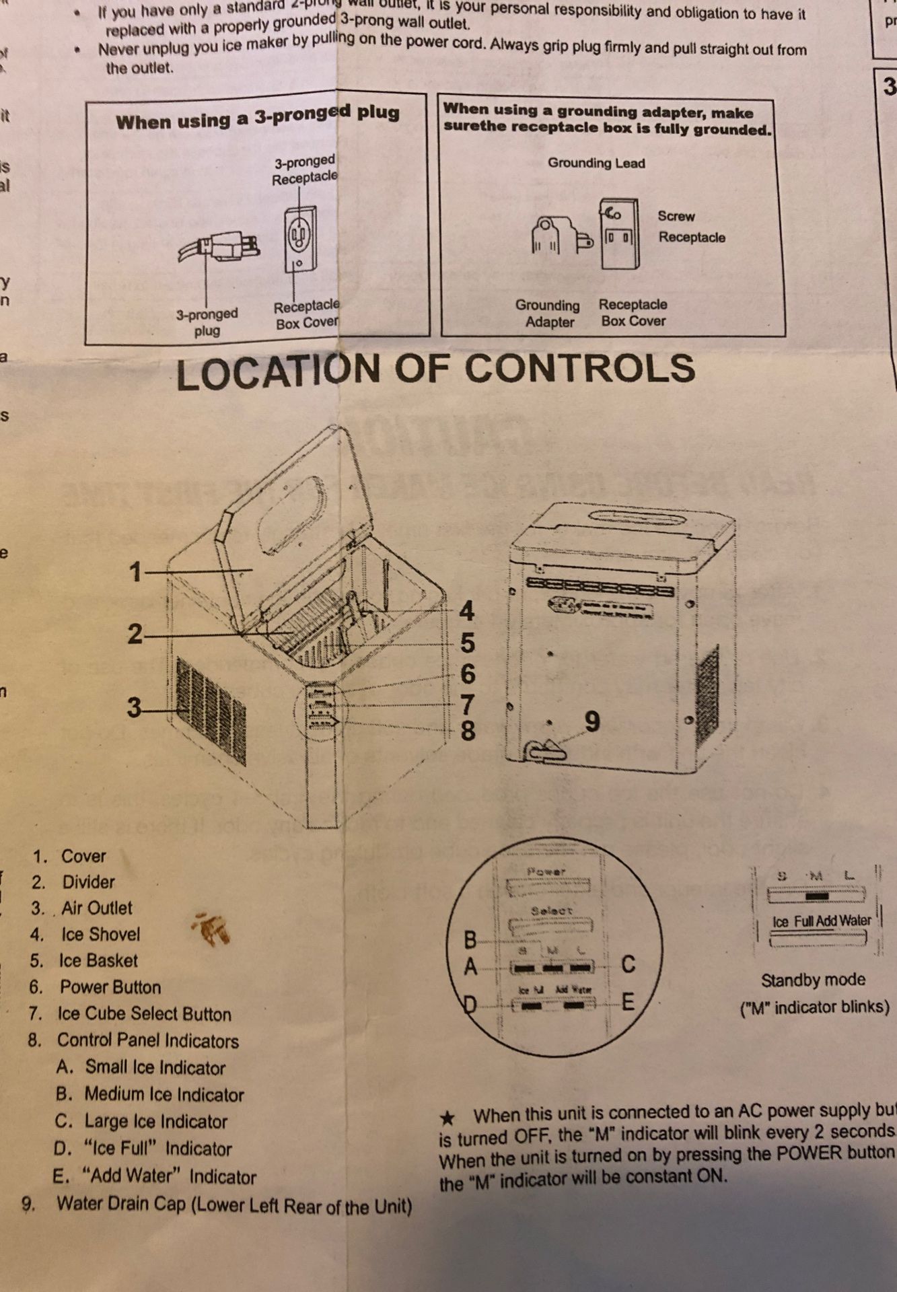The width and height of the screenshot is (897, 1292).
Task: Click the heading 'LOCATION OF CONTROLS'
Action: (435, 371)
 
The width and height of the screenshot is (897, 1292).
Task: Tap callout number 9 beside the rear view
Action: (591, 722)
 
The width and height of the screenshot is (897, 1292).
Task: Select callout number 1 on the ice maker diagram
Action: (136, 572)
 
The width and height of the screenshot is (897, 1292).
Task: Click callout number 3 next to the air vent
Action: (135, 708)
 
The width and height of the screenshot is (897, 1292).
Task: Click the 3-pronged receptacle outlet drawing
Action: (299, 238)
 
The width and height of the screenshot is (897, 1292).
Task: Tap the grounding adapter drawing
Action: (559, 237)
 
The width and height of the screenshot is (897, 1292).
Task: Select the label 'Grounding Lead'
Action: (596, 163)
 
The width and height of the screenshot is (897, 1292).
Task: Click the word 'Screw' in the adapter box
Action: (676, 216)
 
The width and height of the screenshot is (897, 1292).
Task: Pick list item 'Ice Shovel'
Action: (100, 934)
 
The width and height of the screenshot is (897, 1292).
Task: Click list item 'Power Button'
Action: (110, 987)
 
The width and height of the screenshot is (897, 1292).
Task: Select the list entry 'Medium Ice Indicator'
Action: (164, 1095)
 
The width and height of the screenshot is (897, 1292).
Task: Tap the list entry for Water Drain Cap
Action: (234, 1205)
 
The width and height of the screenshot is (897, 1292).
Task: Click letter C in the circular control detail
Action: (628, 964)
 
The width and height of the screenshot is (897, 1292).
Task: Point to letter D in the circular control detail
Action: (470, 1005)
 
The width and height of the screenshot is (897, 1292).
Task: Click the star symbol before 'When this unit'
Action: (447, 1118)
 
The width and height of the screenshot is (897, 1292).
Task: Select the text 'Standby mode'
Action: (813, 980)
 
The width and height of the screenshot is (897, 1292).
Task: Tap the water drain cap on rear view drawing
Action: (546, 751)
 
